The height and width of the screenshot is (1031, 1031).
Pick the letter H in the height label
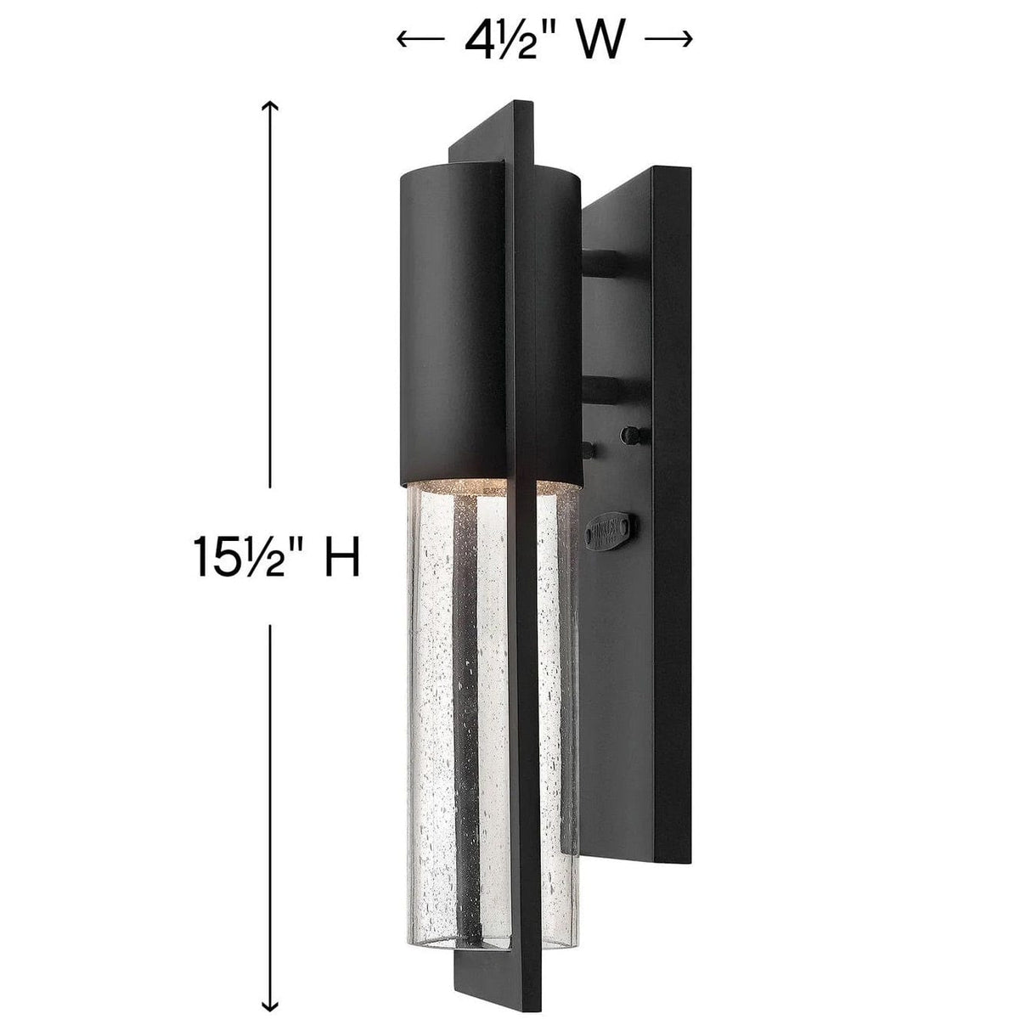pos(341,559)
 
